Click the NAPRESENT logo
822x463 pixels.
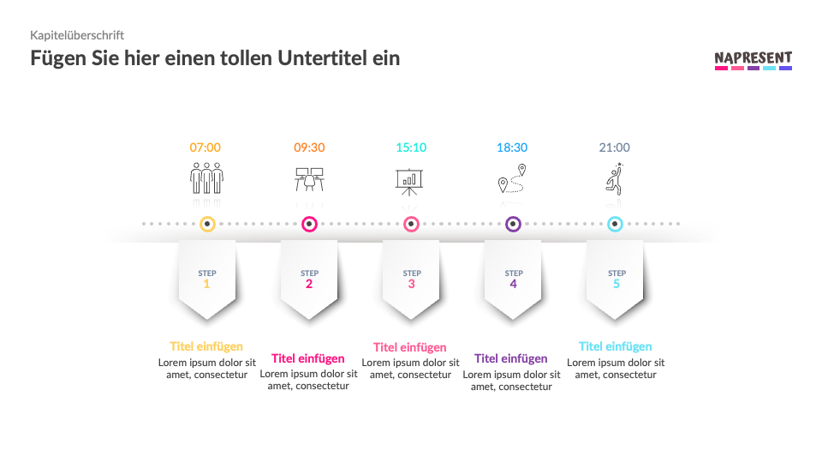point(753,60)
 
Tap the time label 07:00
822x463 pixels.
point(205,147)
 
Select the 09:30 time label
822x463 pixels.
point(309,147)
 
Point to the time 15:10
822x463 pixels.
point(411,147)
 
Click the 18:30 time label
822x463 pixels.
point(512,147)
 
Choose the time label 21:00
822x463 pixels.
point(615,147)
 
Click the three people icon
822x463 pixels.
point(206,179)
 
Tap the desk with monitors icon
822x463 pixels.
point(309,179)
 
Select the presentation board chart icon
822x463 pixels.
point(411,179)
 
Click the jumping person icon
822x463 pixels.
point(614,179)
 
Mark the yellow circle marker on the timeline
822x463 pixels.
point(207,225)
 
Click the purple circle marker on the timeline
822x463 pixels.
point(513,225)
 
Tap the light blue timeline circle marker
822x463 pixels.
point(615,225)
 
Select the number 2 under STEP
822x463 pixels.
point(309,284)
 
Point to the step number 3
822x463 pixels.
point(411,284)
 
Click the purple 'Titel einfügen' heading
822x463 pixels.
point(511,358)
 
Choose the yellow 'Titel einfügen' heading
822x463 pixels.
point(206,346)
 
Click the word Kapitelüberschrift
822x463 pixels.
point(77,35)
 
